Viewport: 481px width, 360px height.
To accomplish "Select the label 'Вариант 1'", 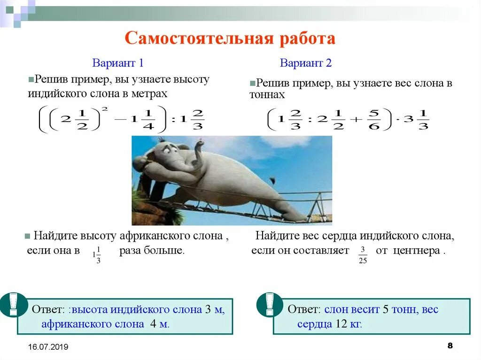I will [117, 62].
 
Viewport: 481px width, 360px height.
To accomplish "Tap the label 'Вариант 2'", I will [306, 63].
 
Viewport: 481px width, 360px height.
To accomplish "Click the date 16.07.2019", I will [48, 347].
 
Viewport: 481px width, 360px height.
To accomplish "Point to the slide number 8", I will [450, 346].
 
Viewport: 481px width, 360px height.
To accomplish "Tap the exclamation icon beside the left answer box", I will [13, 304].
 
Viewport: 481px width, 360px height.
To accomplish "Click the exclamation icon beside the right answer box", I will [270, 304].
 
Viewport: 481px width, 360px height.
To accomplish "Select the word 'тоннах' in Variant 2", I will [267, 95].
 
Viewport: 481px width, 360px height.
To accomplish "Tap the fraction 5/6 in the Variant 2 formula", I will [374, 119].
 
